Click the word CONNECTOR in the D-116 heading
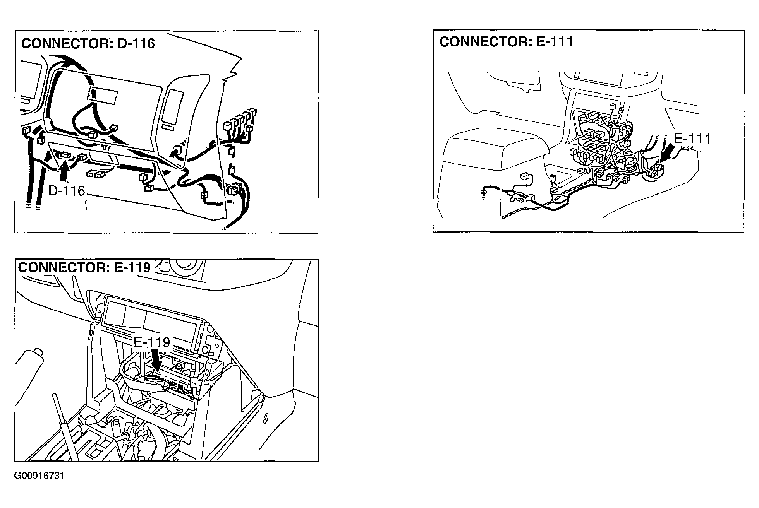tap(66, 43)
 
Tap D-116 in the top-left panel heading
tap(136, 43)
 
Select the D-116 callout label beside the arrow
tap(67, 191)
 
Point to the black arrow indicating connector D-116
tap(64, 171)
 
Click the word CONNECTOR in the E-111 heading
tap(484, 42)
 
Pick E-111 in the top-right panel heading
tap(554, 42)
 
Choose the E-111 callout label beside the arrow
tap(692, 139)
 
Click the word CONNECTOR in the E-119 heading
tap(63, 267)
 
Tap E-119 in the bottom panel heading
tap(132, 267)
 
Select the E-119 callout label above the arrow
tap(152, 342)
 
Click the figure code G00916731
tap(39, 476)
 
